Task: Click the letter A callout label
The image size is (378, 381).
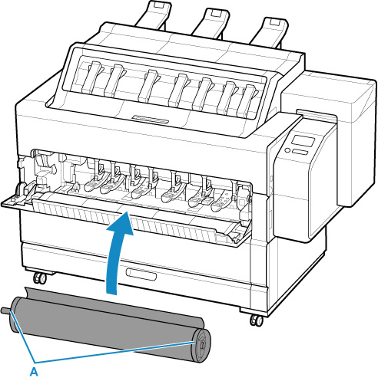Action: pyautogui.click(x=34, y=371)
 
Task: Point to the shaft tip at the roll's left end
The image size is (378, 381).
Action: pyautogui.click(x=5, y=310)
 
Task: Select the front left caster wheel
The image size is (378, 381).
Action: pyautogui.click(x=40, y=278)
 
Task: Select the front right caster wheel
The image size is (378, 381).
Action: pyautogui.click(x=257, y=320)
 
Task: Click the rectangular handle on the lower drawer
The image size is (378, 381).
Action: pyautogui.click(x=141, y=274)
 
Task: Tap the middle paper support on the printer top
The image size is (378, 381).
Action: pyautogui.click(x=211, y=22)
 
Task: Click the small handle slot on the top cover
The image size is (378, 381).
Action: pyautogui.click(x=151, y=120)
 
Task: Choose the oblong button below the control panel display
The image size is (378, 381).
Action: pyautogui.click(x=300, y=152)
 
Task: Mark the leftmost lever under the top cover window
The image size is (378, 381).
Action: pyautogui.click(x=92, y=77)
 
